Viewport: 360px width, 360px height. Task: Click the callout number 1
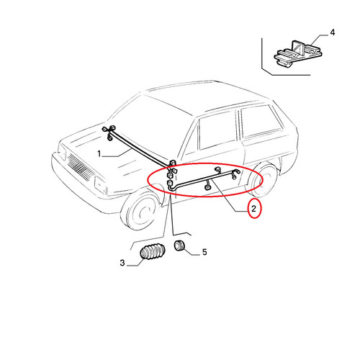tap(99, 153)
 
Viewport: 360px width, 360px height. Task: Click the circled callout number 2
tap(253, 209)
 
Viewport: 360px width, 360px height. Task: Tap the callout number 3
tap(122, 263)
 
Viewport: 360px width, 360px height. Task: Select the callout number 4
tap(333, 32)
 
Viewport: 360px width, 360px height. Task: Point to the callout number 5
tap(204, 252)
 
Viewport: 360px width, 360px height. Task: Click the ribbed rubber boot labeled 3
tap(153, 251)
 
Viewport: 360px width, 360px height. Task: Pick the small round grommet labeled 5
tap(179, 246)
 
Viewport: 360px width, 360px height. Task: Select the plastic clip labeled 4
tap(297, 54)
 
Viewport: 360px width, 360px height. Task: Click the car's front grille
tap(79, 166)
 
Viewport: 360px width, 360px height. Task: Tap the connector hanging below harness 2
tap(207, 186)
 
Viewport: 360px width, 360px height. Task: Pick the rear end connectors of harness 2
tap(235, 174)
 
